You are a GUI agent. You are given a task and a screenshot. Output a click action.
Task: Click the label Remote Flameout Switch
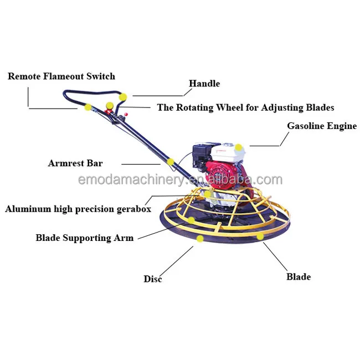(61, 76)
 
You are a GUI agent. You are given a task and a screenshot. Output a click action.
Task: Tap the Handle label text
(204, 84)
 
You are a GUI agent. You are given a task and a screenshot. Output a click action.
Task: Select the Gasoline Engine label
(321, 126)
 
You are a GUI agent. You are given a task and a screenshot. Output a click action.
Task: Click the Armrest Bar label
(75, 163)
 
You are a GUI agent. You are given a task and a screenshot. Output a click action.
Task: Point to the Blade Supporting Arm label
(85, 238)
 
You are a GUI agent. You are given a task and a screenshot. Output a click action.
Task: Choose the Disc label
(153, 279)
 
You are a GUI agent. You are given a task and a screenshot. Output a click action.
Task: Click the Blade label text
(299, 276)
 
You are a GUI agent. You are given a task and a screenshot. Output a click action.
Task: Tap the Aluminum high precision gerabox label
(78, 209)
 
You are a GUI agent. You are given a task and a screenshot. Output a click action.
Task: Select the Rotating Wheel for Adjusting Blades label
(245, 107)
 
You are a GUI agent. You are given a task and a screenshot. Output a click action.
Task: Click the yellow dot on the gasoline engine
(238, 147)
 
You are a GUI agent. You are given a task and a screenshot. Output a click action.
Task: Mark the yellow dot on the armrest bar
(171, 162)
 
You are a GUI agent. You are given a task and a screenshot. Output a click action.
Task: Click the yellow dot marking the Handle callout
(122, 97)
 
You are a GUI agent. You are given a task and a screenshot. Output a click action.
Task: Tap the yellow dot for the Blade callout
(260, 236)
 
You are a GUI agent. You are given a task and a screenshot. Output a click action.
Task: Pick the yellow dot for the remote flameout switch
(88, 107)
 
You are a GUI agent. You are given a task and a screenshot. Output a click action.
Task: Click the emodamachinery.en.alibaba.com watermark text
(180, 179)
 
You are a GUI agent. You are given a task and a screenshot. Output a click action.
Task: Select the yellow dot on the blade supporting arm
(191, 220)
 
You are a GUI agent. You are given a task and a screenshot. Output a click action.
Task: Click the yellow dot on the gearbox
(208, 194)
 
